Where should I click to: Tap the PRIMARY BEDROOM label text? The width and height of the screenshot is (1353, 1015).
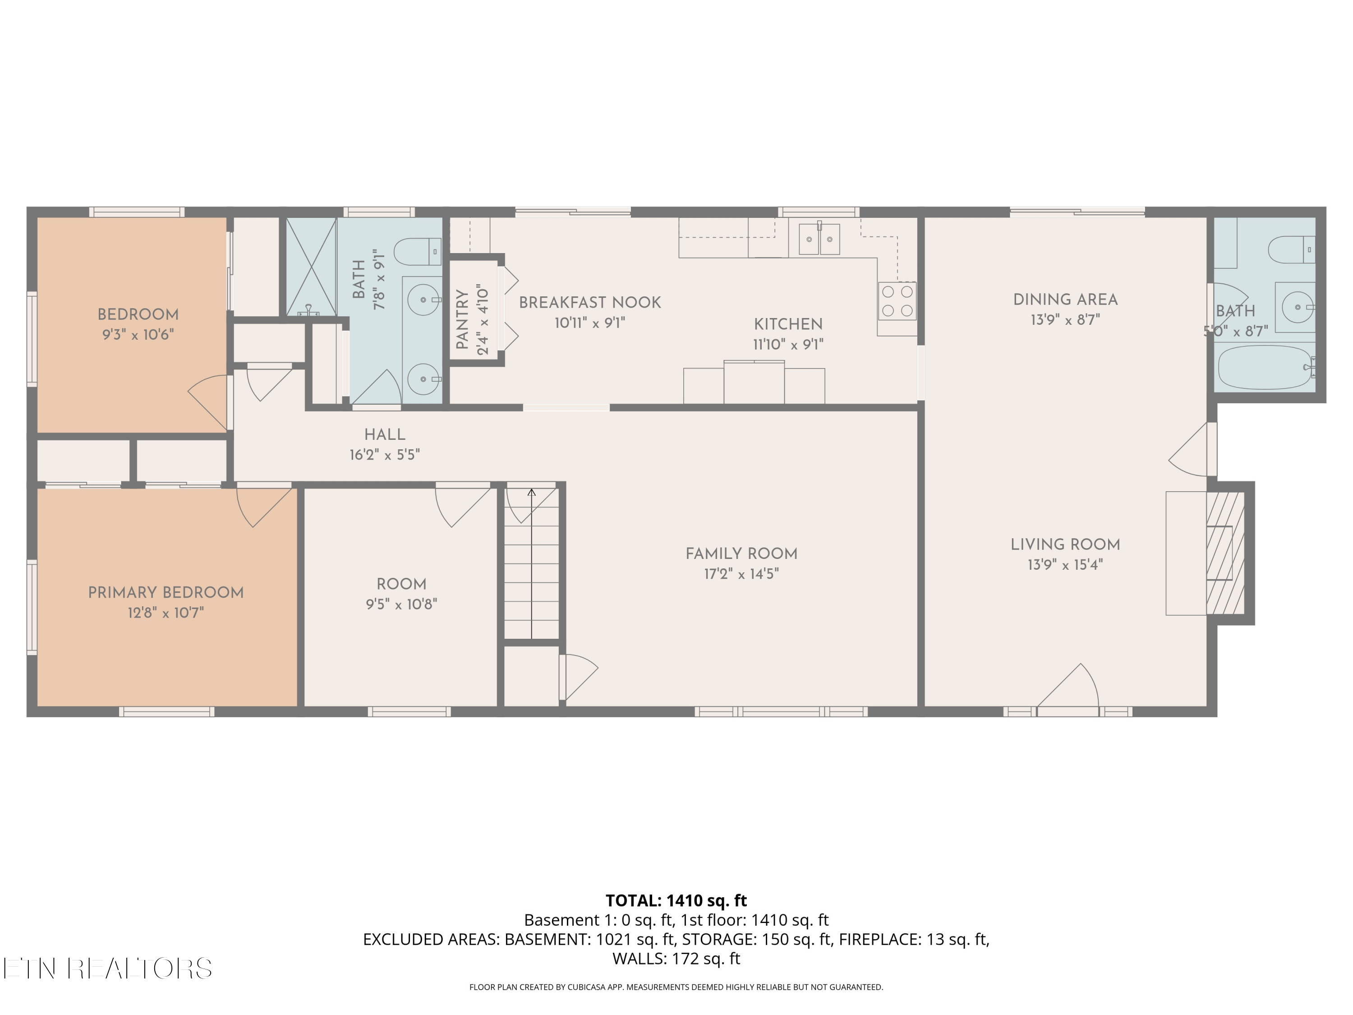coord(166,592)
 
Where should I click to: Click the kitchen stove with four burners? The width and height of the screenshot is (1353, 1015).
coord(897,300)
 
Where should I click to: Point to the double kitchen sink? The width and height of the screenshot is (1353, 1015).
coord(819,239)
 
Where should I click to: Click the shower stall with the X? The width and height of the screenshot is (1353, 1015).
coord(311,267)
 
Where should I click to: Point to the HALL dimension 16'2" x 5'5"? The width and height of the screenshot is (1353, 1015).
coord(384,455)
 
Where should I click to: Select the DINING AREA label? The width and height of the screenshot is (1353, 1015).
coord(1065,300)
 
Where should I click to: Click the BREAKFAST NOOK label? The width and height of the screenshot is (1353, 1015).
coord(589,302)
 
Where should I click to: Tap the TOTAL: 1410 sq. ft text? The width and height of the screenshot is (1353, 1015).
coord(676,900)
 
